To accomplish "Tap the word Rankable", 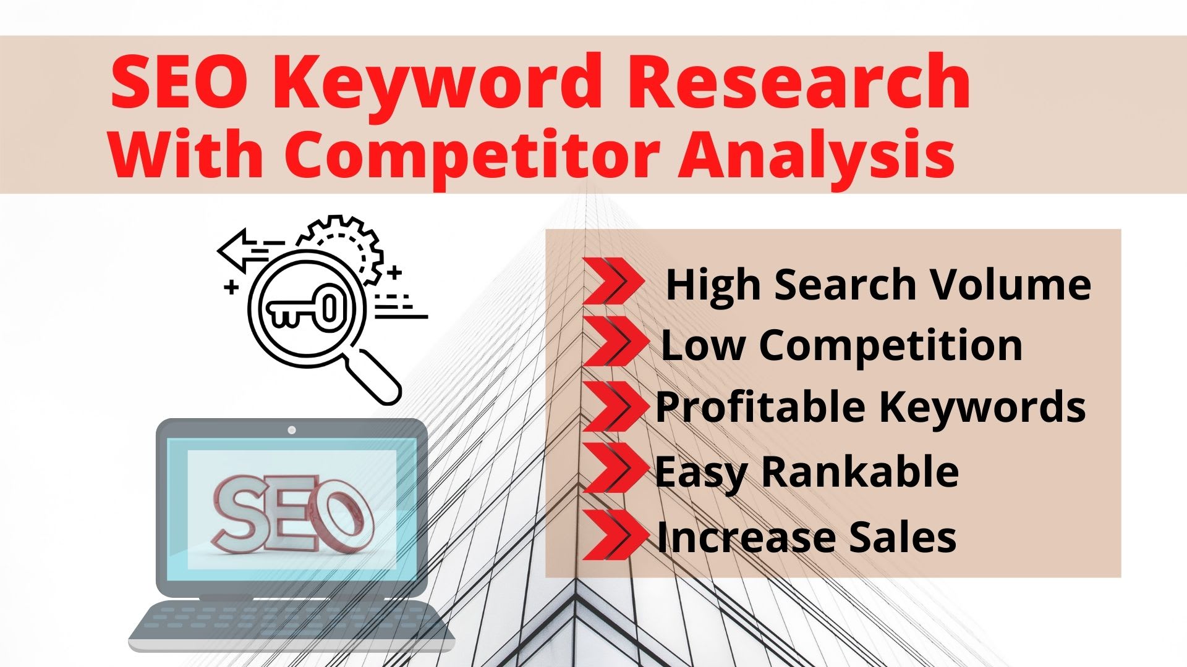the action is click(x=860, y=472).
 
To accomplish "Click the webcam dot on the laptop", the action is click(x=292, y=430).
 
